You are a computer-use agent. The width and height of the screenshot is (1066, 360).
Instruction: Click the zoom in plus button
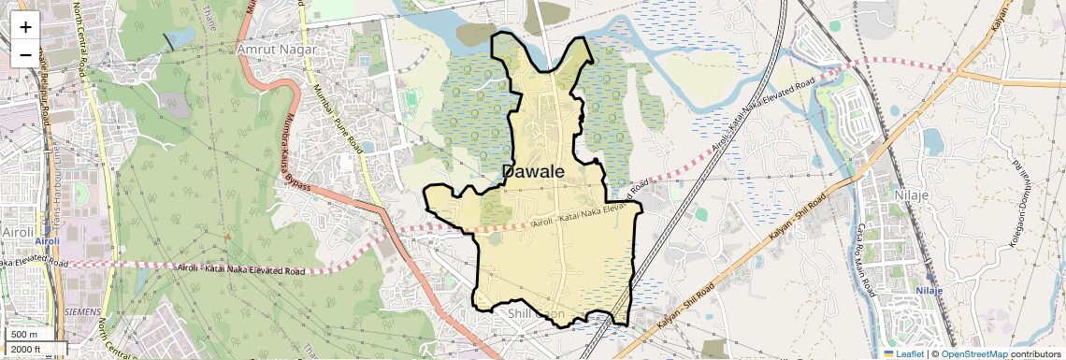(25, 27)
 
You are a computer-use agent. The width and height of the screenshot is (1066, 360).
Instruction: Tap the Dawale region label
(533, 172)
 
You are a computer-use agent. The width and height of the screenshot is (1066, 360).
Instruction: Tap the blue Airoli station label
(47, 241)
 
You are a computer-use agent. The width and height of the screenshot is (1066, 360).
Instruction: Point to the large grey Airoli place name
(18, 230)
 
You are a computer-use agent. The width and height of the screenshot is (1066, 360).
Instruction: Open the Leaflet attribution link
(903, 353)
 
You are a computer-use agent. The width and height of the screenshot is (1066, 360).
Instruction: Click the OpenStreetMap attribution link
(973, 353)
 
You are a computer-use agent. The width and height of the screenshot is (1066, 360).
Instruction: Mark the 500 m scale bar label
(24, 335)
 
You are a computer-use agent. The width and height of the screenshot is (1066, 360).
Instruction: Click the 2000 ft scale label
(28, 350)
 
